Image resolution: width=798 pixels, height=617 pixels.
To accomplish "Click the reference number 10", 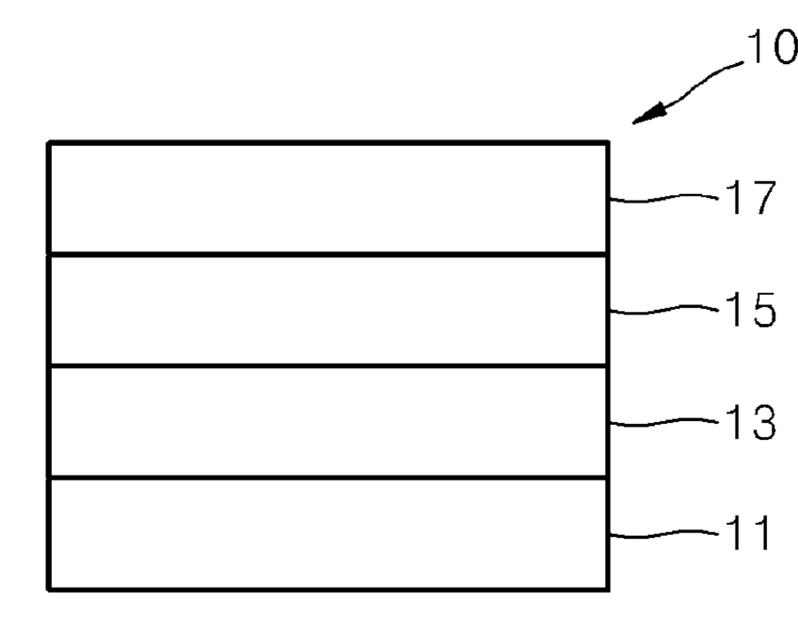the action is point(772,46).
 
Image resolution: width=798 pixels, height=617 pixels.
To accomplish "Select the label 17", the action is point(750,198).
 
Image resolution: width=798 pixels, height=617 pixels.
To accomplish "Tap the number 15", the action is point(750,309).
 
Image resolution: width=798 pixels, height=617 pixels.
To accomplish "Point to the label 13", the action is point(750,422).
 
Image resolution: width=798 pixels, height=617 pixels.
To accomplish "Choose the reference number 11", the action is point(748,533).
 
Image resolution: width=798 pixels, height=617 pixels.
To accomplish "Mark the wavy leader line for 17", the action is point(663,198).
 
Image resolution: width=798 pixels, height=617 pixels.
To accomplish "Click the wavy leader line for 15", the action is point(663,310).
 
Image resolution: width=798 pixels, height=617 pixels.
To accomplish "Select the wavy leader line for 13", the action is point(663,422).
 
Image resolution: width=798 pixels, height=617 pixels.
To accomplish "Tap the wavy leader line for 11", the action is point(663,534).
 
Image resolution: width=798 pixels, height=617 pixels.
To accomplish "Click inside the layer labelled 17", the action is point(328,198).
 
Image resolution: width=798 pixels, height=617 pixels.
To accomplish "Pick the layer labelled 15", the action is point(328,310).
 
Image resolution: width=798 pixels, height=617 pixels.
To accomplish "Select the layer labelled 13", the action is point(328,422).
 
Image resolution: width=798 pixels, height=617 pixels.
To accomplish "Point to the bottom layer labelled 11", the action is point(328,534).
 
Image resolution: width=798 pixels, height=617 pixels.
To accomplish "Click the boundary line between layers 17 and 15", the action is point(328,254).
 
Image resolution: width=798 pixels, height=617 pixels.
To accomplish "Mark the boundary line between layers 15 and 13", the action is point(328,366).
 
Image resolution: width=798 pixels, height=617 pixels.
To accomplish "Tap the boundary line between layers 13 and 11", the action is point(328,478).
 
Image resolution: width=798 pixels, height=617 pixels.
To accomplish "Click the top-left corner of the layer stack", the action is point(49,143).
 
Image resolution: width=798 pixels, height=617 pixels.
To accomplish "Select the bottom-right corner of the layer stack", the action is point(608,590).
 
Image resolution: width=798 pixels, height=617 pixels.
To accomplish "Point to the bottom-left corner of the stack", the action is point(49,590).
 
